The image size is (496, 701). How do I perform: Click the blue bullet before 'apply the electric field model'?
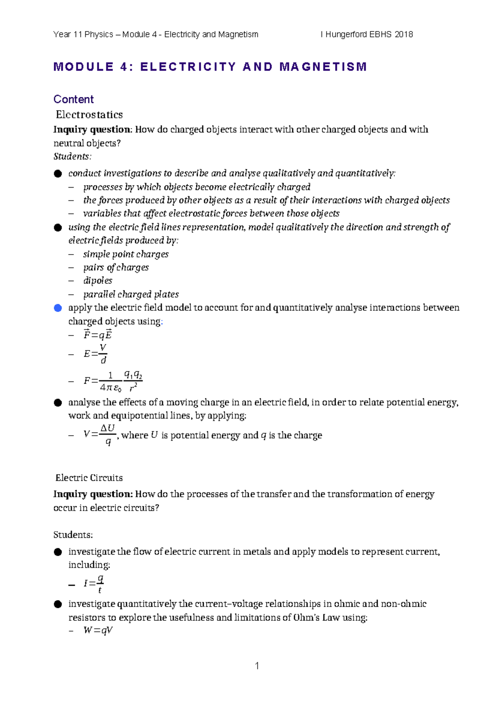pos(58,308)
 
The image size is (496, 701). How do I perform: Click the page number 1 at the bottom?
pos(257,665)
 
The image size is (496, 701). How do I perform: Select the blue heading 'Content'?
pos(74,99)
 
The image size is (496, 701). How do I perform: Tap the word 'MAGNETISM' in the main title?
pos(323,67)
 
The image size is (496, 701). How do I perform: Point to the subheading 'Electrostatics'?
pos(89,114)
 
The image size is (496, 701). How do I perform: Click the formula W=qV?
pos(98,630)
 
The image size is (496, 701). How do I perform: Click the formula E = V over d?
pos(95,354)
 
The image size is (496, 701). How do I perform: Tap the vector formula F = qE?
pos(98,335)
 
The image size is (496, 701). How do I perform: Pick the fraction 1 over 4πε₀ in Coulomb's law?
pos(110,381)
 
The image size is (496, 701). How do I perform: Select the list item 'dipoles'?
pos(98,281)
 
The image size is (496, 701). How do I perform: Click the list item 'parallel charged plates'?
pos(131,294)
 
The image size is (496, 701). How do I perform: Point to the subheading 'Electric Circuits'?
pos(89,478)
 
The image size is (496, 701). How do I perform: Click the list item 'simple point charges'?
pos(126,254)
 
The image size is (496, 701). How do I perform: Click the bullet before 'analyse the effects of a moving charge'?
pos(58,403)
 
